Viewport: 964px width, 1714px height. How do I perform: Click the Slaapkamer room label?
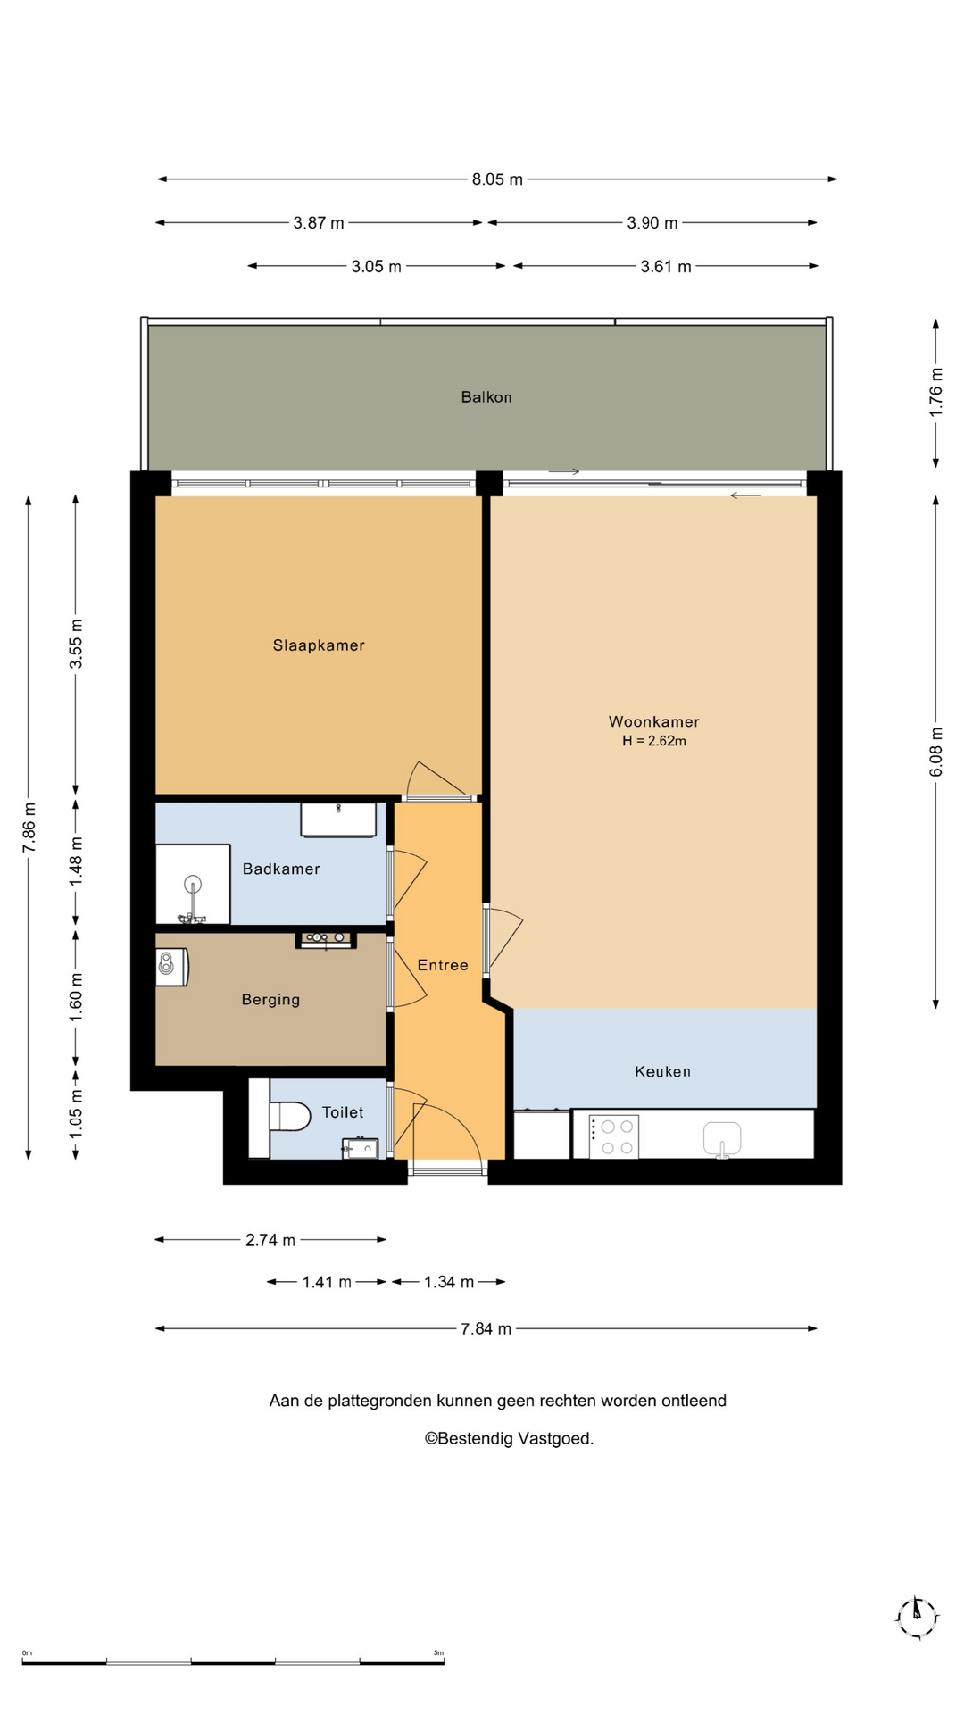point(319,645)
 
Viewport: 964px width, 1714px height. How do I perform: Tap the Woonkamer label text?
point(654,721)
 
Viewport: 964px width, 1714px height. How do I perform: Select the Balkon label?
point(486,397)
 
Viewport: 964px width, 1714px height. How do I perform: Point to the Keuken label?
point(662,1071)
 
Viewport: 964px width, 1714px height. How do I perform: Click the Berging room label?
point(270,1000)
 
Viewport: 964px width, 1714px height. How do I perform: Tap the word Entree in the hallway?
point(443,965)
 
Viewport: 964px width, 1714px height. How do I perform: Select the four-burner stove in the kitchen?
point(614,1136)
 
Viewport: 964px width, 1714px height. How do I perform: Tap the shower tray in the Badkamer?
point(193,884)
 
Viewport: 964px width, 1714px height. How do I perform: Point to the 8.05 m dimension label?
point(497,179)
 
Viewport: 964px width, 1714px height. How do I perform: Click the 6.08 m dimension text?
point(936,753)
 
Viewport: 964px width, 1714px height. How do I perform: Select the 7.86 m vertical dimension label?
point(29,828)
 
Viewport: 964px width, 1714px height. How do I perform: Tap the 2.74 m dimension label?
point(270,1240)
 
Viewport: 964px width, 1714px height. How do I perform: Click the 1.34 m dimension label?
point(449,1282)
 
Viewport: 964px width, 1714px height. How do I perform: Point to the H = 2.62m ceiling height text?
point(654,741)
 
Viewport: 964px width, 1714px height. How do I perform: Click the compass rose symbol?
point(917,1618)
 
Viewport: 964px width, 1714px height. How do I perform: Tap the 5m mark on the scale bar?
point(438,1653)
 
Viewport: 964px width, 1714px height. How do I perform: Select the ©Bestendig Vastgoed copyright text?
point(509,1438)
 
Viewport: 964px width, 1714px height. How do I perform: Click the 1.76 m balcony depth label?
point(936,393)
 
